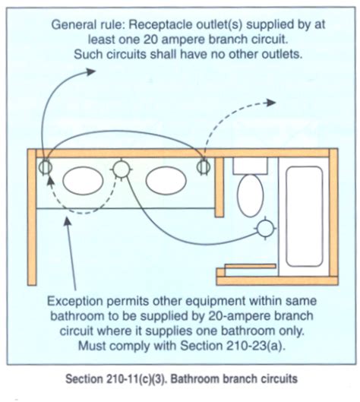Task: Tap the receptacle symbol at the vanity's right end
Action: pyautogui.click(x=204, y=166)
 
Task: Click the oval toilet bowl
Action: pyautogui.click(x=250, y=196)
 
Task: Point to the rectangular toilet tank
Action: pyautogui.click(x=248, y=166)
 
